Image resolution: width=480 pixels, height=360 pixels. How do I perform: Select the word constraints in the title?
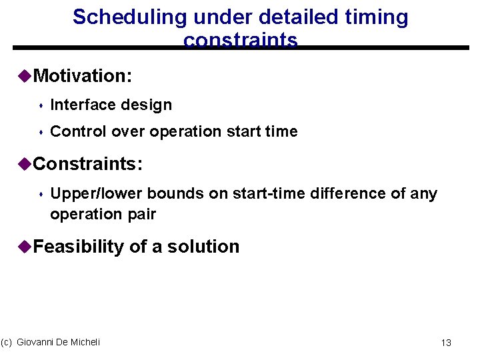click(x=240, y=41)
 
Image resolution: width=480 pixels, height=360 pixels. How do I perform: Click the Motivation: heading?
click(x=82, y=76)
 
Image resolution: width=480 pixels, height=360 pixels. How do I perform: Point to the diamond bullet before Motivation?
click(x=25, y=76)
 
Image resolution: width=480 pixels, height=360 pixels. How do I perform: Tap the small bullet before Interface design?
click(x=41, y=106)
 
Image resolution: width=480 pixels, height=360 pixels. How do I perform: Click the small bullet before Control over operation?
click(x=41, y=133)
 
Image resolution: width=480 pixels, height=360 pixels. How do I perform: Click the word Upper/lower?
click(x=96, y=193)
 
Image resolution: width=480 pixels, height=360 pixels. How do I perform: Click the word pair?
click(x=141, y=214)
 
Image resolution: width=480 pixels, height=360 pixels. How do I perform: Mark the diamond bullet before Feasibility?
click(x=25, y=247)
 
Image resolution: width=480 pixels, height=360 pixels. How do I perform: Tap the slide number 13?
click(x=446, y=343)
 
